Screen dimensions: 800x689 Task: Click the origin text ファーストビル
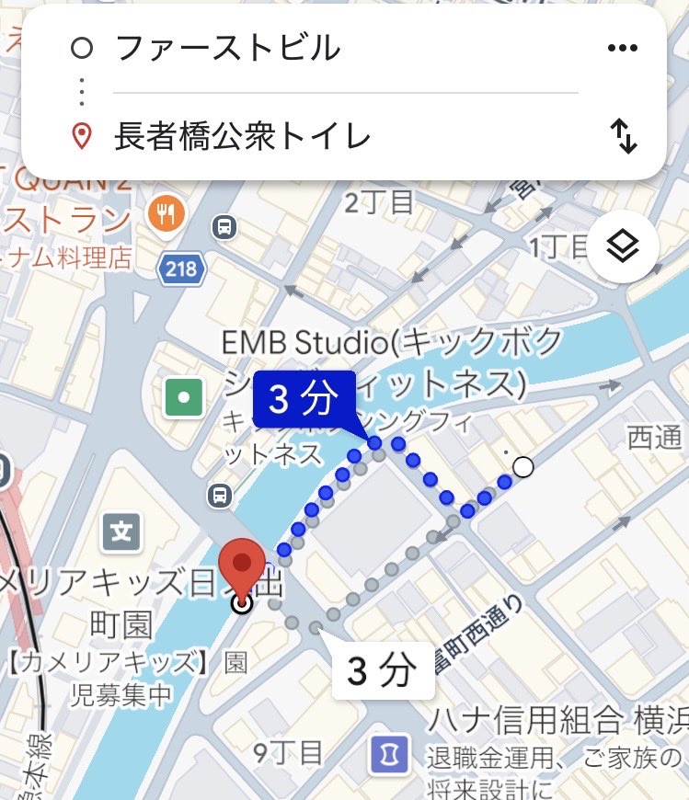pos(226,48)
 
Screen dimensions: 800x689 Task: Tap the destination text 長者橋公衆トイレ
pos(243,137)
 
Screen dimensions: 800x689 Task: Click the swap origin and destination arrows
pos(624,137)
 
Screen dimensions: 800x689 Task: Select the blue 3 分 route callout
pos(304,398)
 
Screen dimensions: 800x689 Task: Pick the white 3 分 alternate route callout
pos(382,669)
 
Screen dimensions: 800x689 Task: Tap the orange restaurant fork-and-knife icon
pos(167,214)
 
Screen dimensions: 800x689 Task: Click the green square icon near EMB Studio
pos(184,397)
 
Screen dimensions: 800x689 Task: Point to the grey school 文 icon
pos(122,531)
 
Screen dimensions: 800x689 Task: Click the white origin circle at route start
pos(523,467)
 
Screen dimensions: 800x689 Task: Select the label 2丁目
pos(379,201)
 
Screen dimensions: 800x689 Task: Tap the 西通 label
pos(653,438)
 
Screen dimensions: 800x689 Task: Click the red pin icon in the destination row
pos(83,137)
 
